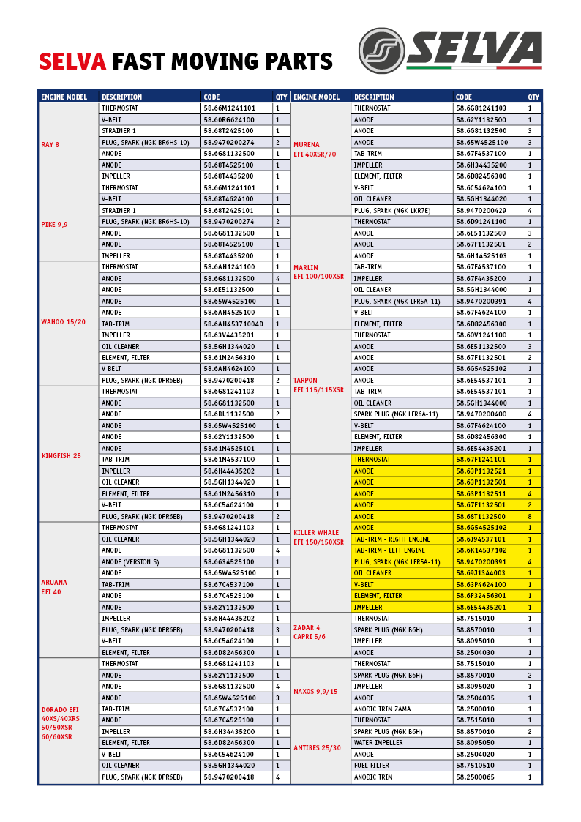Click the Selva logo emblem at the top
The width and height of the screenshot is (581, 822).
(x=381, y=51)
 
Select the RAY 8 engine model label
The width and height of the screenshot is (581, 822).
(x=50, y=144)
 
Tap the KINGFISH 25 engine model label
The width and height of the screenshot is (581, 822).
(x=61, y=456)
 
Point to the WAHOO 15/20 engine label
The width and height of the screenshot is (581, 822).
(x=63, y=321)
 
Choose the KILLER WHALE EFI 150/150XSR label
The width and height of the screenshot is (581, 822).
(x=318, y=537)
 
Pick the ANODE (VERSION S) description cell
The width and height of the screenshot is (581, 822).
(x=130, y=561)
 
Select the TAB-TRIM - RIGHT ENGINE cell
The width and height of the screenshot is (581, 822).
(x=392, y=539)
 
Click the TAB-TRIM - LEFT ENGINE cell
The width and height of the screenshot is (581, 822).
(x=389, y=550)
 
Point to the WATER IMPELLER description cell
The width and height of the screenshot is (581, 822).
(x=378, y=743)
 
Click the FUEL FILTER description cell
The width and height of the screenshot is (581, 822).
(x=372, y=766)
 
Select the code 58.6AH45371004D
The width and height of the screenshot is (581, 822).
(x=233, y=324)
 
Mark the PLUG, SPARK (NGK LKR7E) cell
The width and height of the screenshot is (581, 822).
(x=392, y=210)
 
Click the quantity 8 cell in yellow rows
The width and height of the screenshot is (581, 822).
(x=530, y=516)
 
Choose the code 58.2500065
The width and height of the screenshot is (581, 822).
(x=476, y=777)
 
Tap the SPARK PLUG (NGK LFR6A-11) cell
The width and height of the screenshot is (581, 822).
(x=396, y=414)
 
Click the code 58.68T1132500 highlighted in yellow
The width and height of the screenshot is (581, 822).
(x=481, y=516)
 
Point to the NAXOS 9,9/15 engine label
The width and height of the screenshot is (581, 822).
(x=315, y=691)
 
